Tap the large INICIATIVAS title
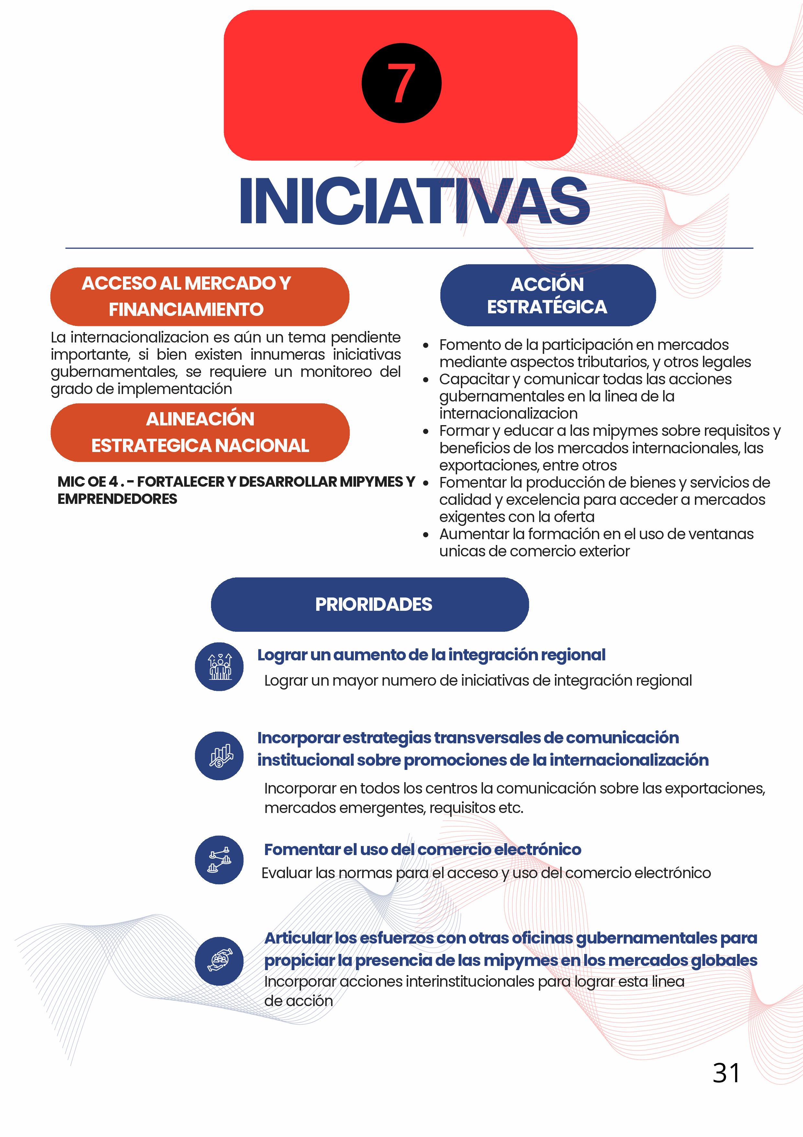tap(414, 202)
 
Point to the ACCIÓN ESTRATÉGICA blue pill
tap(548, 296)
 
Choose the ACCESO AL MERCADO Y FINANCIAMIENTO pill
tap(200, 296)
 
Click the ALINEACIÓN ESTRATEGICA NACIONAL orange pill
tap(200, 432)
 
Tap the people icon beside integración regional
tap(219, 667)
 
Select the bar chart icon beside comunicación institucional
tap(219, 756)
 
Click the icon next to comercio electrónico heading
tap(219, 860)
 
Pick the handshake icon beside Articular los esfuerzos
tap(219, 961)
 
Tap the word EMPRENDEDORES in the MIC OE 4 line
tap(117, 499)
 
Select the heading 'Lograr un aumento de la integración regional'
tap(431, 655)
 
